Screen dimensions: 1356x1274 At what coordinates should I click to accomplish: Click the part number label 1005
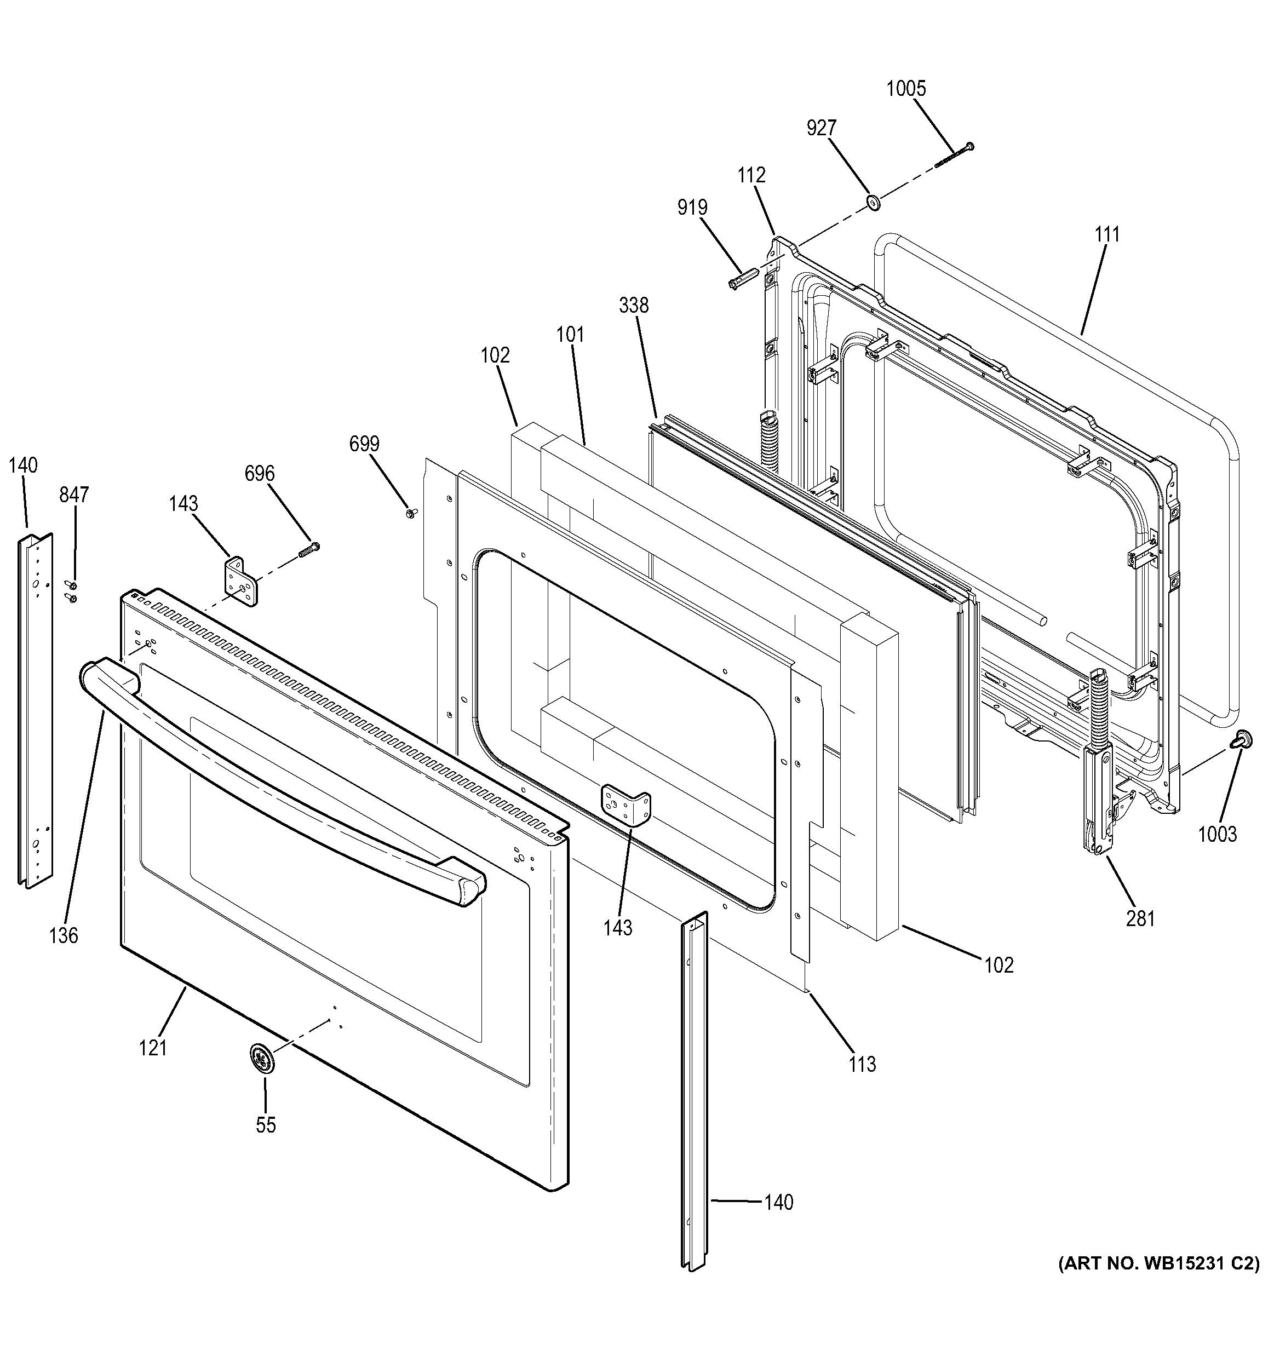click(x=906, y=89)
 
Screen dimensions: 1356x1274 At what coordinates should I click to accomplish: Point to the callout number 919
click(x=692, y=208)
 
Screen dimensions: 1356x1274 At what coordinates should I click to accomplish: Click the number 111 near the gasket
click(x=1107, y=234)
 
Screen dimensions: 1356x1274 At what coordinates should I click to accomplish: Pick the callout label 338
click(x=634, y=305)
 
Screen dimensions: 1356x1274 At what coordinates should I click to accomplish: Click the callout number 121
click(x=153, y=1048)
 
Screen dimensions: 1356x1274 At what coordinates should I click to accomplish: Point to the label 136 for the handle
click(x=64, y=935)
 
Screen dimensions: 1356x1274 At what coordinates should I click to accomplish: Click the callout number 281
click(x=1140, y=919)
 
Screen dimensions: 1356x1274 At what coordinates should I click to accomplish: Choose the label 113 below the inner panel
click(x=862, y=1064)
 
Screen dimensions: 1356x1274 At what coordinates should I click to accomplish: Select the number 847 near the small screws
click(x=73, y=495)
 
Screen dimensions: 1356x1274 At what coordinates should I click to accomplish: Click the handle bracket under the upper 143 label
click(x=242, y=581)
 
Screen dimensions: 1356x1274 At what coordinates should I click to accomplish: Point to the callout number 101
click(x=570, y=335)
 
